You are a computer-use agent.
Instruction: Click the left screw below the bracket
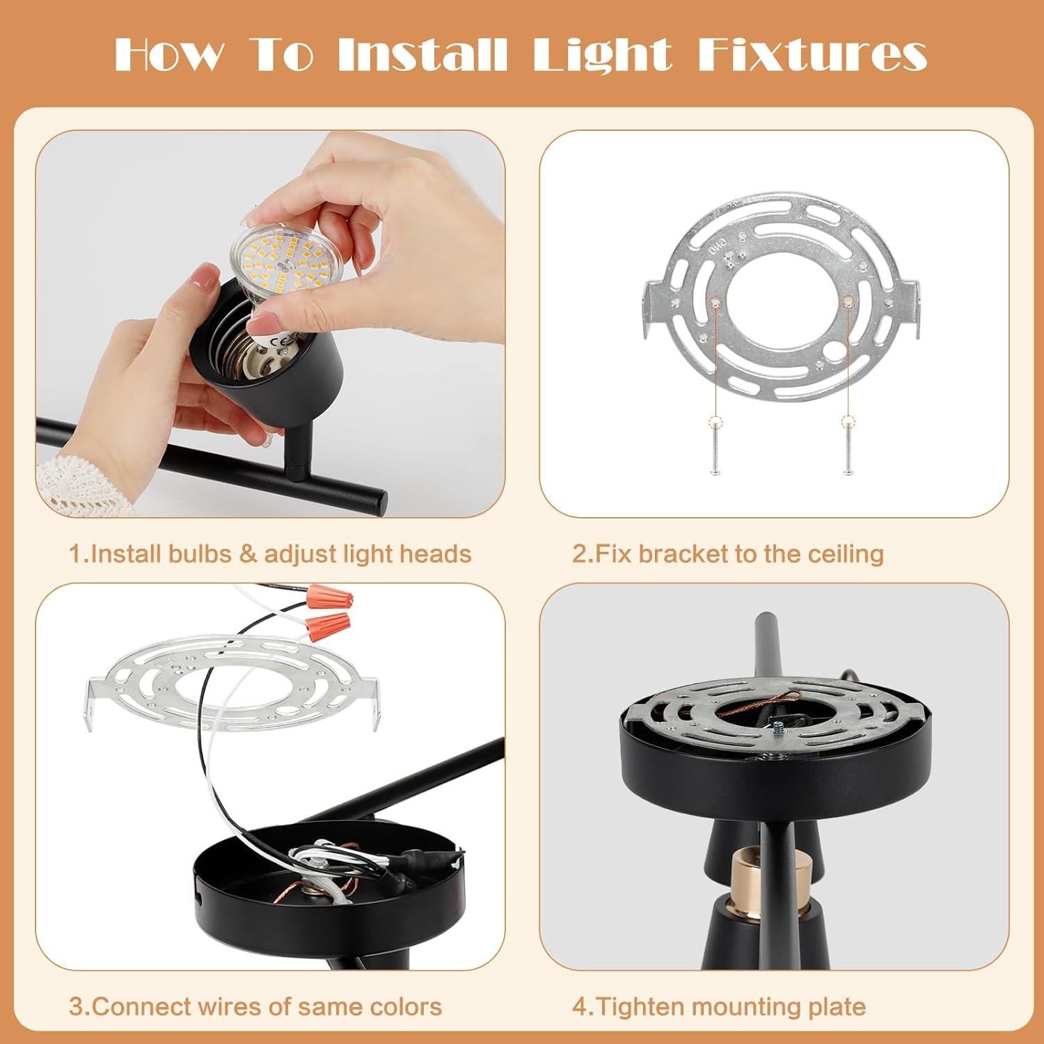(715, 449)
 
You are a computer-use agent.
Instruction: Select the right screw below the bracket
(847, 449)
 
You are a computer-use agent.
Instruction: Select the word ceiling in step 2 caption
(845, 554)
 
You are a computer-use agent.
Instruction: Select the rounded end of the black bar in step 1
(376, 500)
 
